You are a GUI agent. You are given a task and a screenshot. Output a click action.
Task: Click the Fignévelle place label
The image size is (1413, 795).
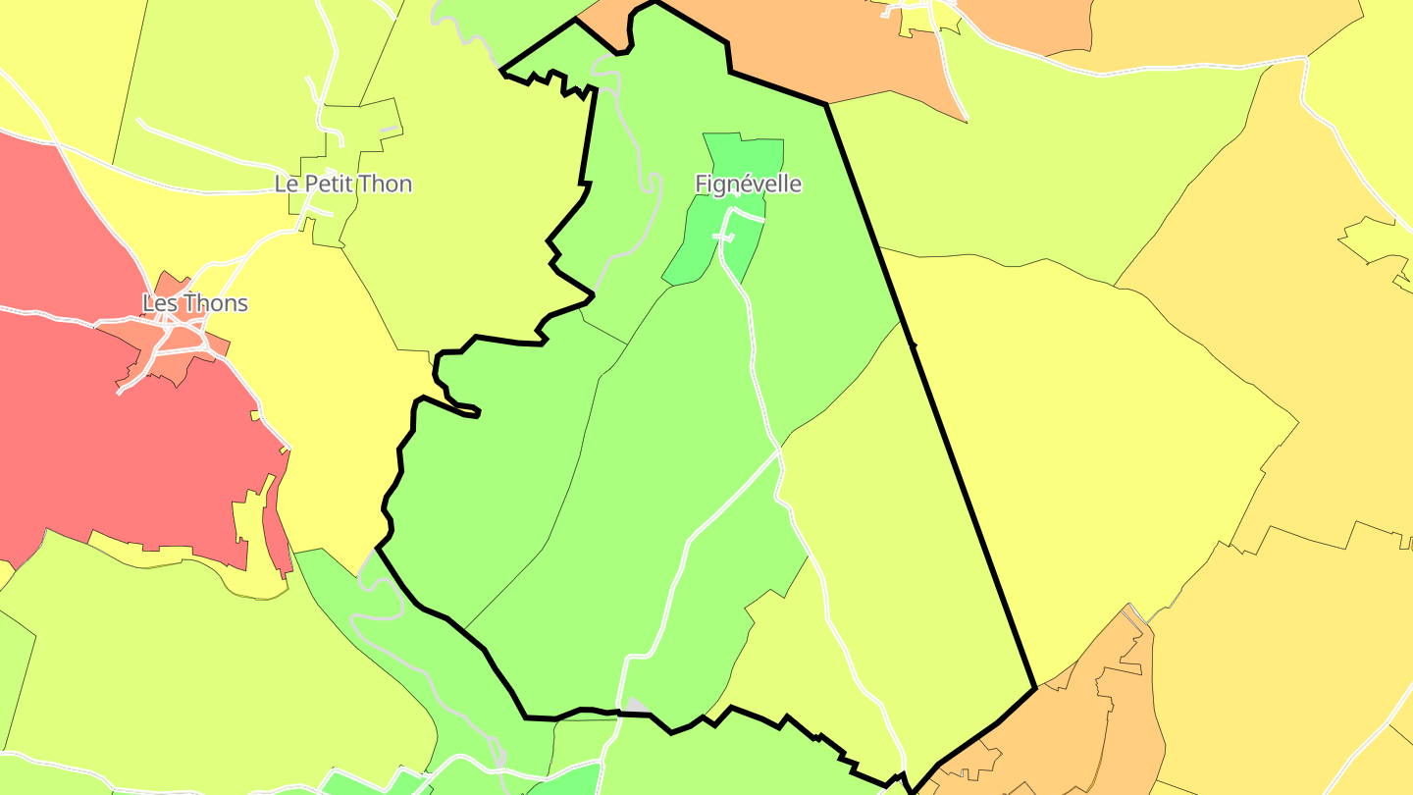[748, 184]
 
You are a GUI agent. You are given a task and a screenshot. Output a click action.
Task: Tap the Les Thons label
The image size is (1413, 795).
[194, 303]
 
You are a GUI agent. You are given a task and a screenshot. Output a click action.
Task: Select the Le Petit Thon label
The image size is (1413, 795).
[342, 184]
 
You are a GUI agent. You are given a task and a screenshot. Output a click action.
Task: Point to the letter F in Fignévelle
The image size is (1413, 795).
[701, 184]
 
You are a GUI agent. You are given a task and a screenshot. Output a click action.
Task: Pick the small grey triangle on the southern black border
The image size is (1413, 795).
[637, 706]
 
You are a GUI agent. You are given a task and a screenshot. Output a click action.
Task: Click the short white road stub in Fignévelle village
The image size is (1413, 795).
[723, 237]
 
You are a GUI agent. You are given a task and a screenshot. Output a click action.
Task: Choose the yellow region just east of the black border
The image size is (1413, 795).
[1079, 442]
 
